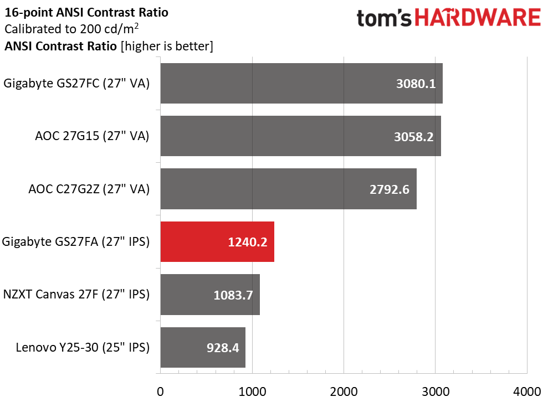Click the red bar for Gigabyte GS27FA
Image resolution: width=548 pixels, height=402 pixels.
point(217,241)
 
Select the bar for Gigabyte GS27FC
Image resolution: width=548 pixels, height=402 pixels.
point(301,83)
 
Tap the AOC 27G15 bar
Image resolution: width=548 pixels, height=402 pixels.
point(300,136)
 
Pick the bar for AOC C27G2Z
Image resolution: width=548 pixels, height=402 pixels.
point(289,189)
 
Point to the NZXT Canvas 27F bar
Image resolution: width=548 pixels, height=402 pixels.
point(210,295)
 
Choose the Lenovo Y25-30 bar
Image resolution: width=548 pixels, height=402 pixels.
point(203,347)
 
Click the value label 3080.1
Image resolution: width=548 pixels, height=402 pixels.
point(416,84)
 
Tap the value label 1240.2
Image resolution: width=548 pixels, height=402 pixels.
point(248,242)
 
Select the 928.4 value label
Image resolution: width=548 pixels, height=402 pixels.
point(223,348)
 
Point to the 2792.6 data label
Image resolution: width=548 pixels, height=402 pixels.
point(390,189)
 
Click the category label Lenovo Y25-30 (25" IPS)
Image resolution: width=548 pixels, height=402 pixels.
point(83,348)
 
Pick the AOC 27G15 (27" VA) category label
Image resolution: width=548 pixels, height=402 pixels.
point(93,136)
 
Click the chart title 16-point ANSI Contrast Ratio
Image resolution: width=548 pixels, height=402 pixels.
point(86,13)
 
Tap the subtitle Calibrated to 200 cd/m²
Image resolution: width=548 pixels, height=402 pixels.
point(71,29)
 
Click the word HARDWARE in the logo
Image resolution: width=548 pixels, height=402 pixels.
point(478,18)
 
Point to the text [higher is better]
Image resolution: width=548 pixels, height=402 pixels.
point(167,46)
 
